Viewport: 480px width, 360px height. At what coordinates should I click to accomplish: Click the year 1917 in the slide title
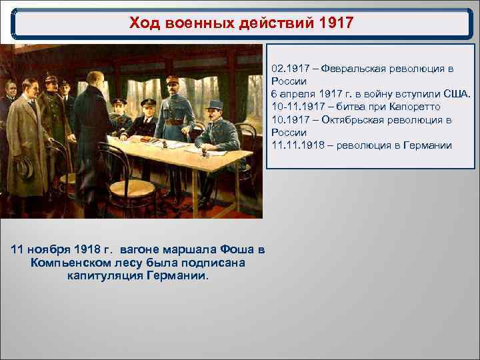[x=336, y=24]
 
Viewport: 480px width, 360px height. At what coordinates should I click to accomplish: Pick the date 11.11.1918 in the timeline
[x=296, y=145]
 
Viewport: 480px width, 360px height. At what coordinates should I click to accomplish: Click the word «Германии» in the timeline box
[x=427, y=145]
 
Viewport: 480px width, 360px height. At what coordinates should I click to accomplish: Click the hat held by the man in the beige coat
[x=25, y=166]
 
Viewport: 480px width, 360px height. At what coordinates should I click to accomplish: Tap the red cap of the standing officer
[x=175, y=81]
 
